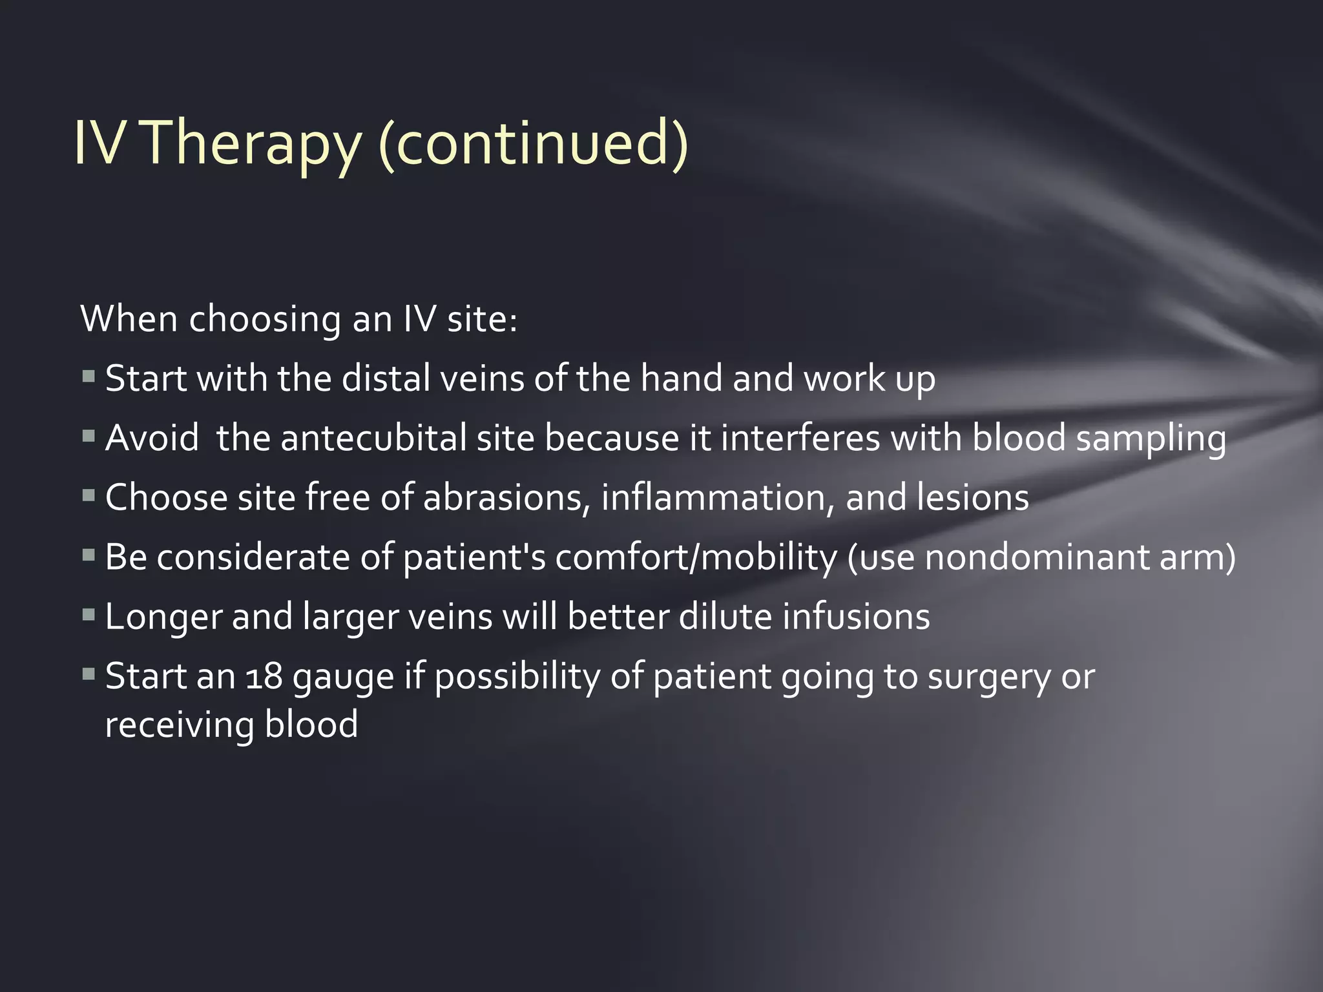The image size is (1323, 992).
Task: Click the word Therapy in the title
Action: [249, 143]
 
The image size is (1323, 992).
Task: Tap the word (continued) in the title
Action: [533, 143]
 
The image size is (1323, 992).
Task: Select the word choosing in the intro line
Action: [264, 319]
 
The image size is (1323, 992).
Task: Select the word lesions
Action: [969, 498]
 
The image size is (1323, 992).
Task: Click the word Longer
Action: [162, 617]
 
